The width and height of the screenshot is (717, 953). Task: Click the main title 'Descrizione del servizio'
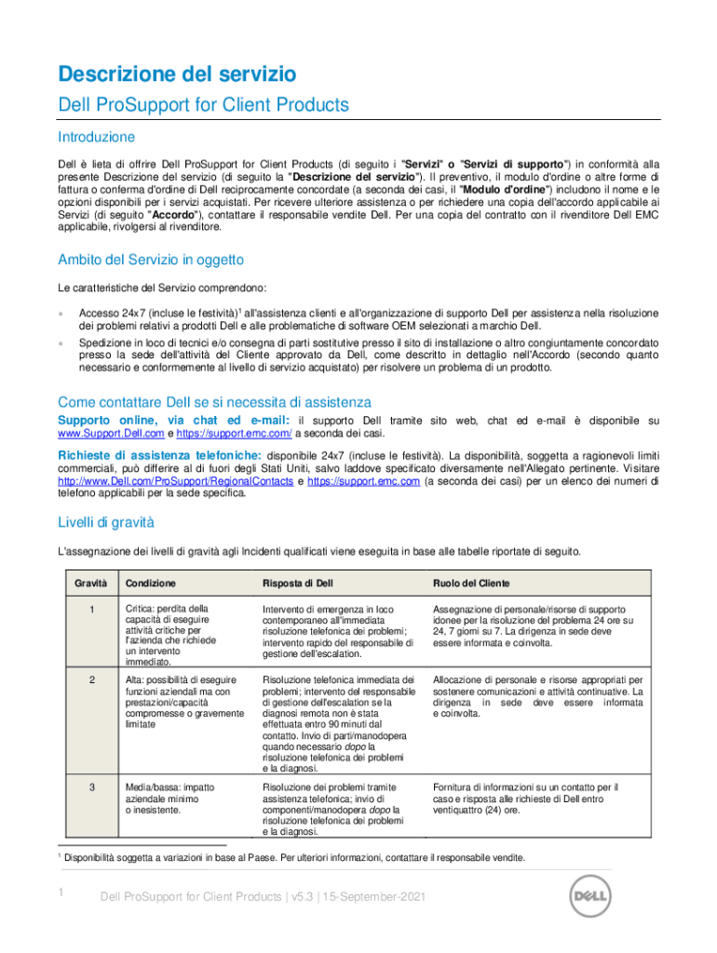click(177, 73)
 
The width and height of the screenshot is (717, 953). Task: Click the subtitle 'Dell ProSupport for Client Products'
click(203, 105)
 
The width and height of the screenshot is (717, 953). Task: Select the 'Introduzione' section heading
click(96, 137)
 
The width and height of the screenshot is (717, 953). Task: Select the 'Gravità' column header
click(90, 584)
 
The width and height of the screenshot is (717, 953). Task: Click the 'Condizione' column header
click(150, 584)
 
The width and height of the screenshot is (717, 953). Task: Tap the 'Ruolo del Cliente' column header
click(471, 584)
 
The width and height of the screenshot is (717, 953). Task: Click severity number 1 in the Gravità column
click(91, 609)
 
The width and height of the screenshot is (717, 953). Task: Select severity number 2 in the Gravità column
click(91, 679)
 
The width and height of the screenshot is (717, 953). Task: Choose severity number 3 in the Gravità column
click(91, 787)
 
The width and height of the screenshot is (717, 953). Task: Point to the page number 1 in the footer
click(61, 893)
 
